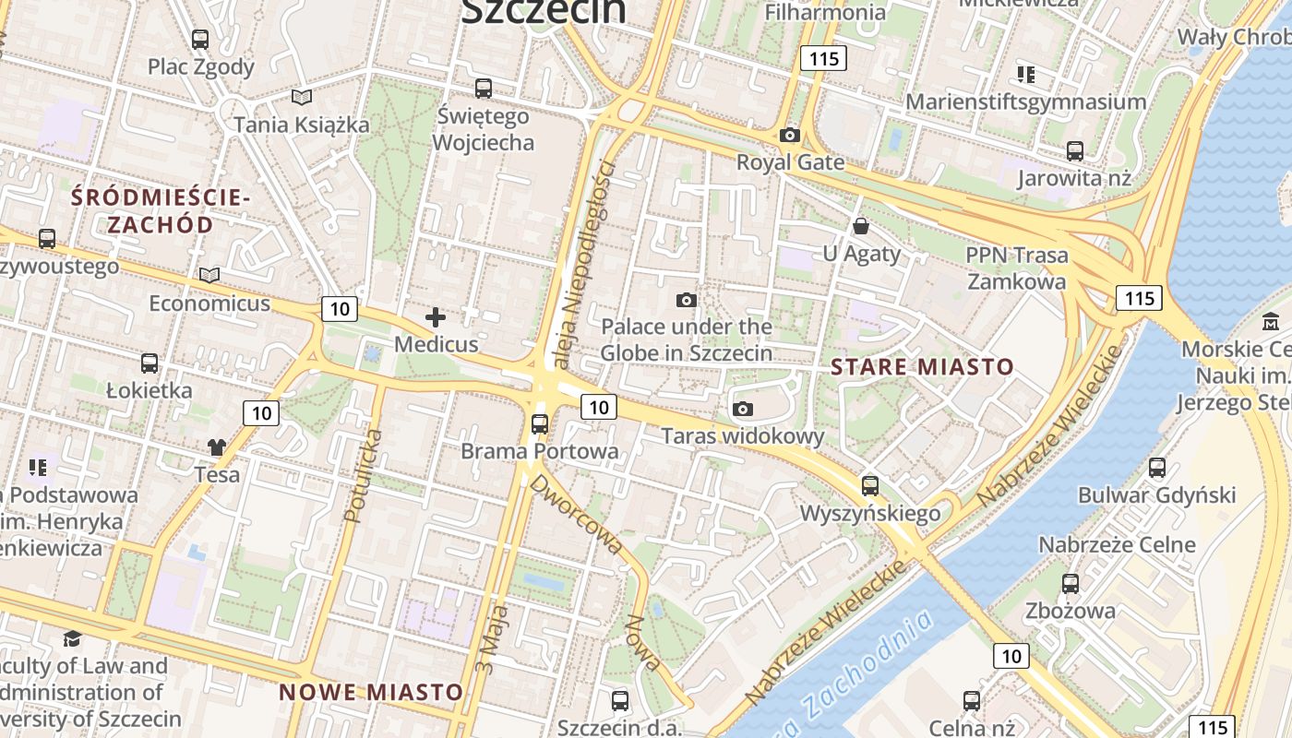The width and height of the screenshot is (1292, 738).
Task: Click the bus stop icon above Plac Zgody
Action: (200, 40)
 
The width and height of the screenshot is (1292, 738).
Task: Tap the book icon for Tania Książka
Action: (302, 96)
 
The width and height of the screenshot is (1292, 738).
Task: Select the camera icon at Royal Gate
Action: (789, 136)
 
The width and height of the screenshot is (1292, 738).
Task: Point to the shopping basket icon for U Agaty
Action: (861, 225)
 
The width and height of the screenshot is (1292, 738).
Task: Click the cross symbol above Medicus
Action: (436, 318)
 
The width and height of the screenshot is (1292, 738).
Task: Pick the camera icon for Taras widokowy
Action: (743, 409)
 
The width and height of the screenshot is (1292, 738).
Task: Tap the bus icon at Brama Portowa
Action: (540, 424)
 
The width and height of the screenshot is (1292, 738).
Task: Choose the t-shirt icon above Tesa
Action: (217, 447)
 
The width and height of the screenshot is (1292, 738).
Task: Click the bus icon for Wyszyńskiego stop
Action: (869, 485)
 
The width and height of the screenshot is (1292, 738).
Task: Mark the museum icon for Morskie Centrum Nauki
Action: (1272, 322)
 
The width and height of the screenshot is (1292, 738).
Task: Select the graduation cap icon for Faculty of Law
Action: (72, 638)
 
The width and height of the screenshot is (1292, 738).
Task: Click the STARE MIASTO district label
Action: (922, 367)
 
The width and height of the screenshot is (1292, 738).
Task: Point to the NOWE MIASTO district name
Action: (371, 692)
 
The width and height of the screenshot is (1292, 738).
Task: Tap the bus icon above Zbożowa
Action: (1071, 583)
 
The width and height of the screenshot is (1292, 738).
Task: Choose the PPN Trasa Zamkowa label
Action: (1016, 268)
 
